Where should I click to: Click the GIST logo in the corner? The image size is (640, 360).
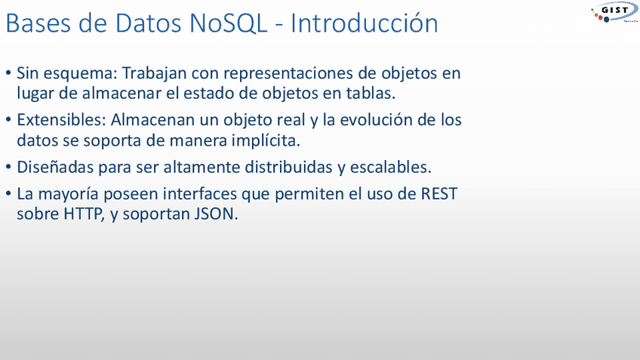(x=614, y=12)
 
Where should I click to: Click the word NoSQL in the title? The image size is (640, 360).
(x=228, y=23)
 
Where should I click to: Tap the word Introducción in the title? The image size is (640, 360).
(x=364, y=23)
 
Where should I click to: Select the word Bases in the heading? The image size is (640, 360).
(x=38, y=23)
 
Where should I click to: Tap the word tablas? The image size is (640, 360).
(x=371, y=93)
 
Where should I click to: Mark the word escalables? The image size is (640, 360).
(x=391, y=167)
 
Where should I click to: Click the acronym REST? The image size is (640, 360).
(x=439, y=193)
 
